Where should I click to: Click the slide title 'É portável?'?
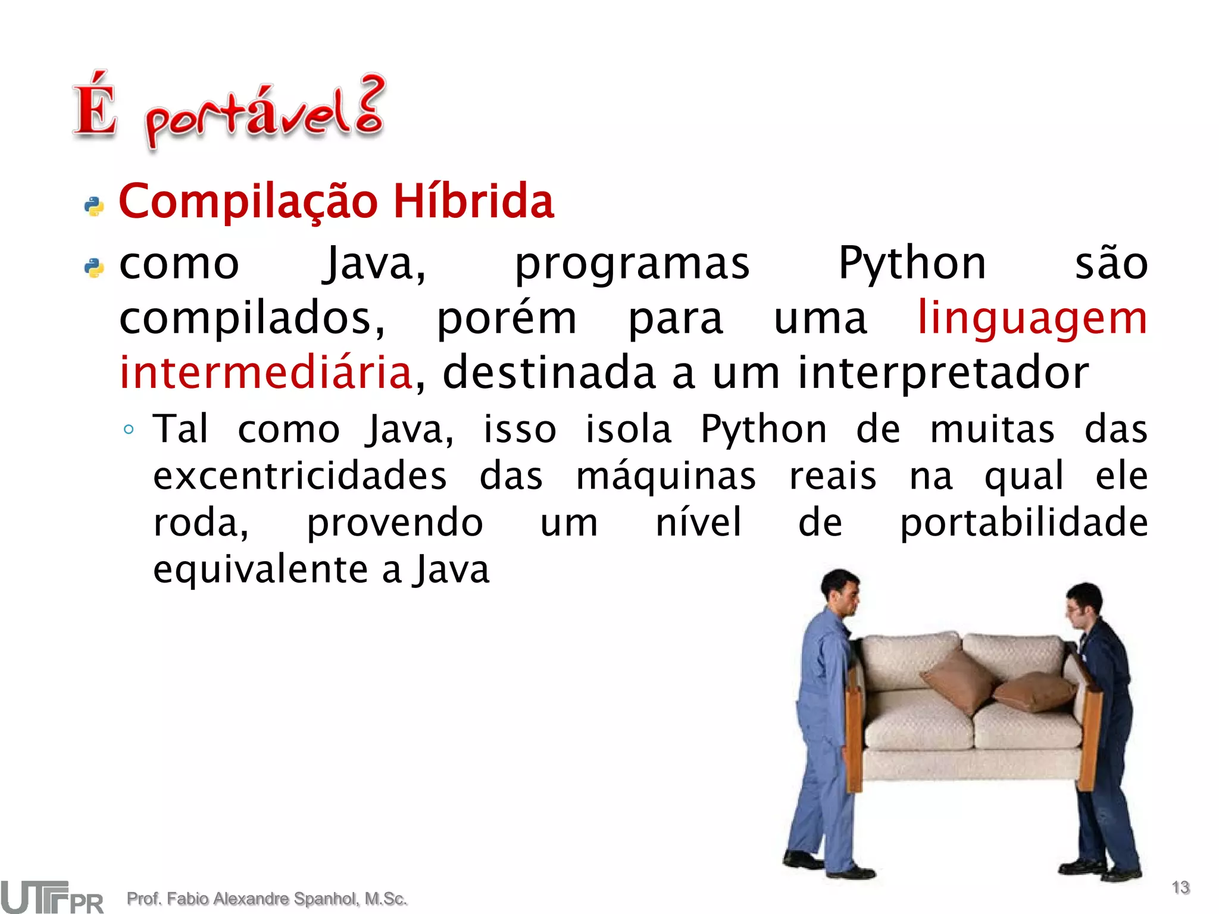[229, 110]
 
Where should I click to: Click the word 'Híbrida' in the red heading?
[473, 201]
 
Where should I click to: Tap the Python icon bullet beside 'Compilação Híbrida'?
[94, 206]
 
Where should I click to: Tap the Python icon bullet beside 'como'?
[94, 268]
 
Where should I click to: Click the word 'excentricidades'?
[300, 477]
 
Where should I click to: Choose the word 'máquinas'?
[665, 477]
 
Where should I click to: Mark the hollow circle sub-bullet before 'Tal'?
[129, 429]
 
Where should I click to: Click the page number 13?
[1180, 888]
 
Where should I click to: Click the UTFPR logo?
[52, 897]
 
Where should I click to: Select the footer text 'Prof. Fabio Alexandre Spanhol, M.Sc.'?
[267, 899]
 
